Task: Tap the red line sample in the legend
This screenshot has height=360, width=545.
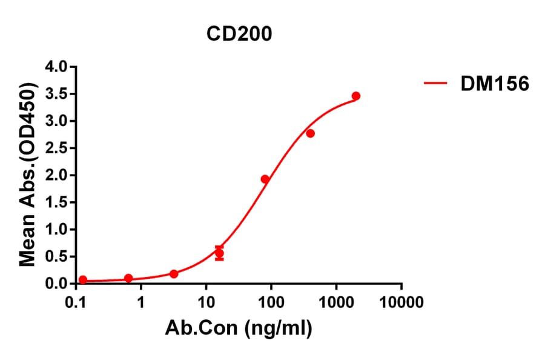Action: [437, 84]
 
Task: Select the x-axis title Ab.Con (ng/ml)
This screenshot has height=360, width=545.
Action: [239, 329]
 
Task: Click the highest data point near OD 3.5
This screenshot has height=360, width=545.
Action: [356, 96]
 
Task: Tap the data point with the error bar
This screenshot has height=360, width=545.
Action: [219, 253]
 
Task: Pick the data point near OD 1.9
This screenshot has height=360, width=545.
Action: [265, 179]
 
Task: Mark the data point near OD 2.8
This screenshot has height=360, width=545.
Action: [310, 133]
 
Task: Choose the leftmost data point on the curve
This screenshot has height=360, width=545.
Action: [83, 280]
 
